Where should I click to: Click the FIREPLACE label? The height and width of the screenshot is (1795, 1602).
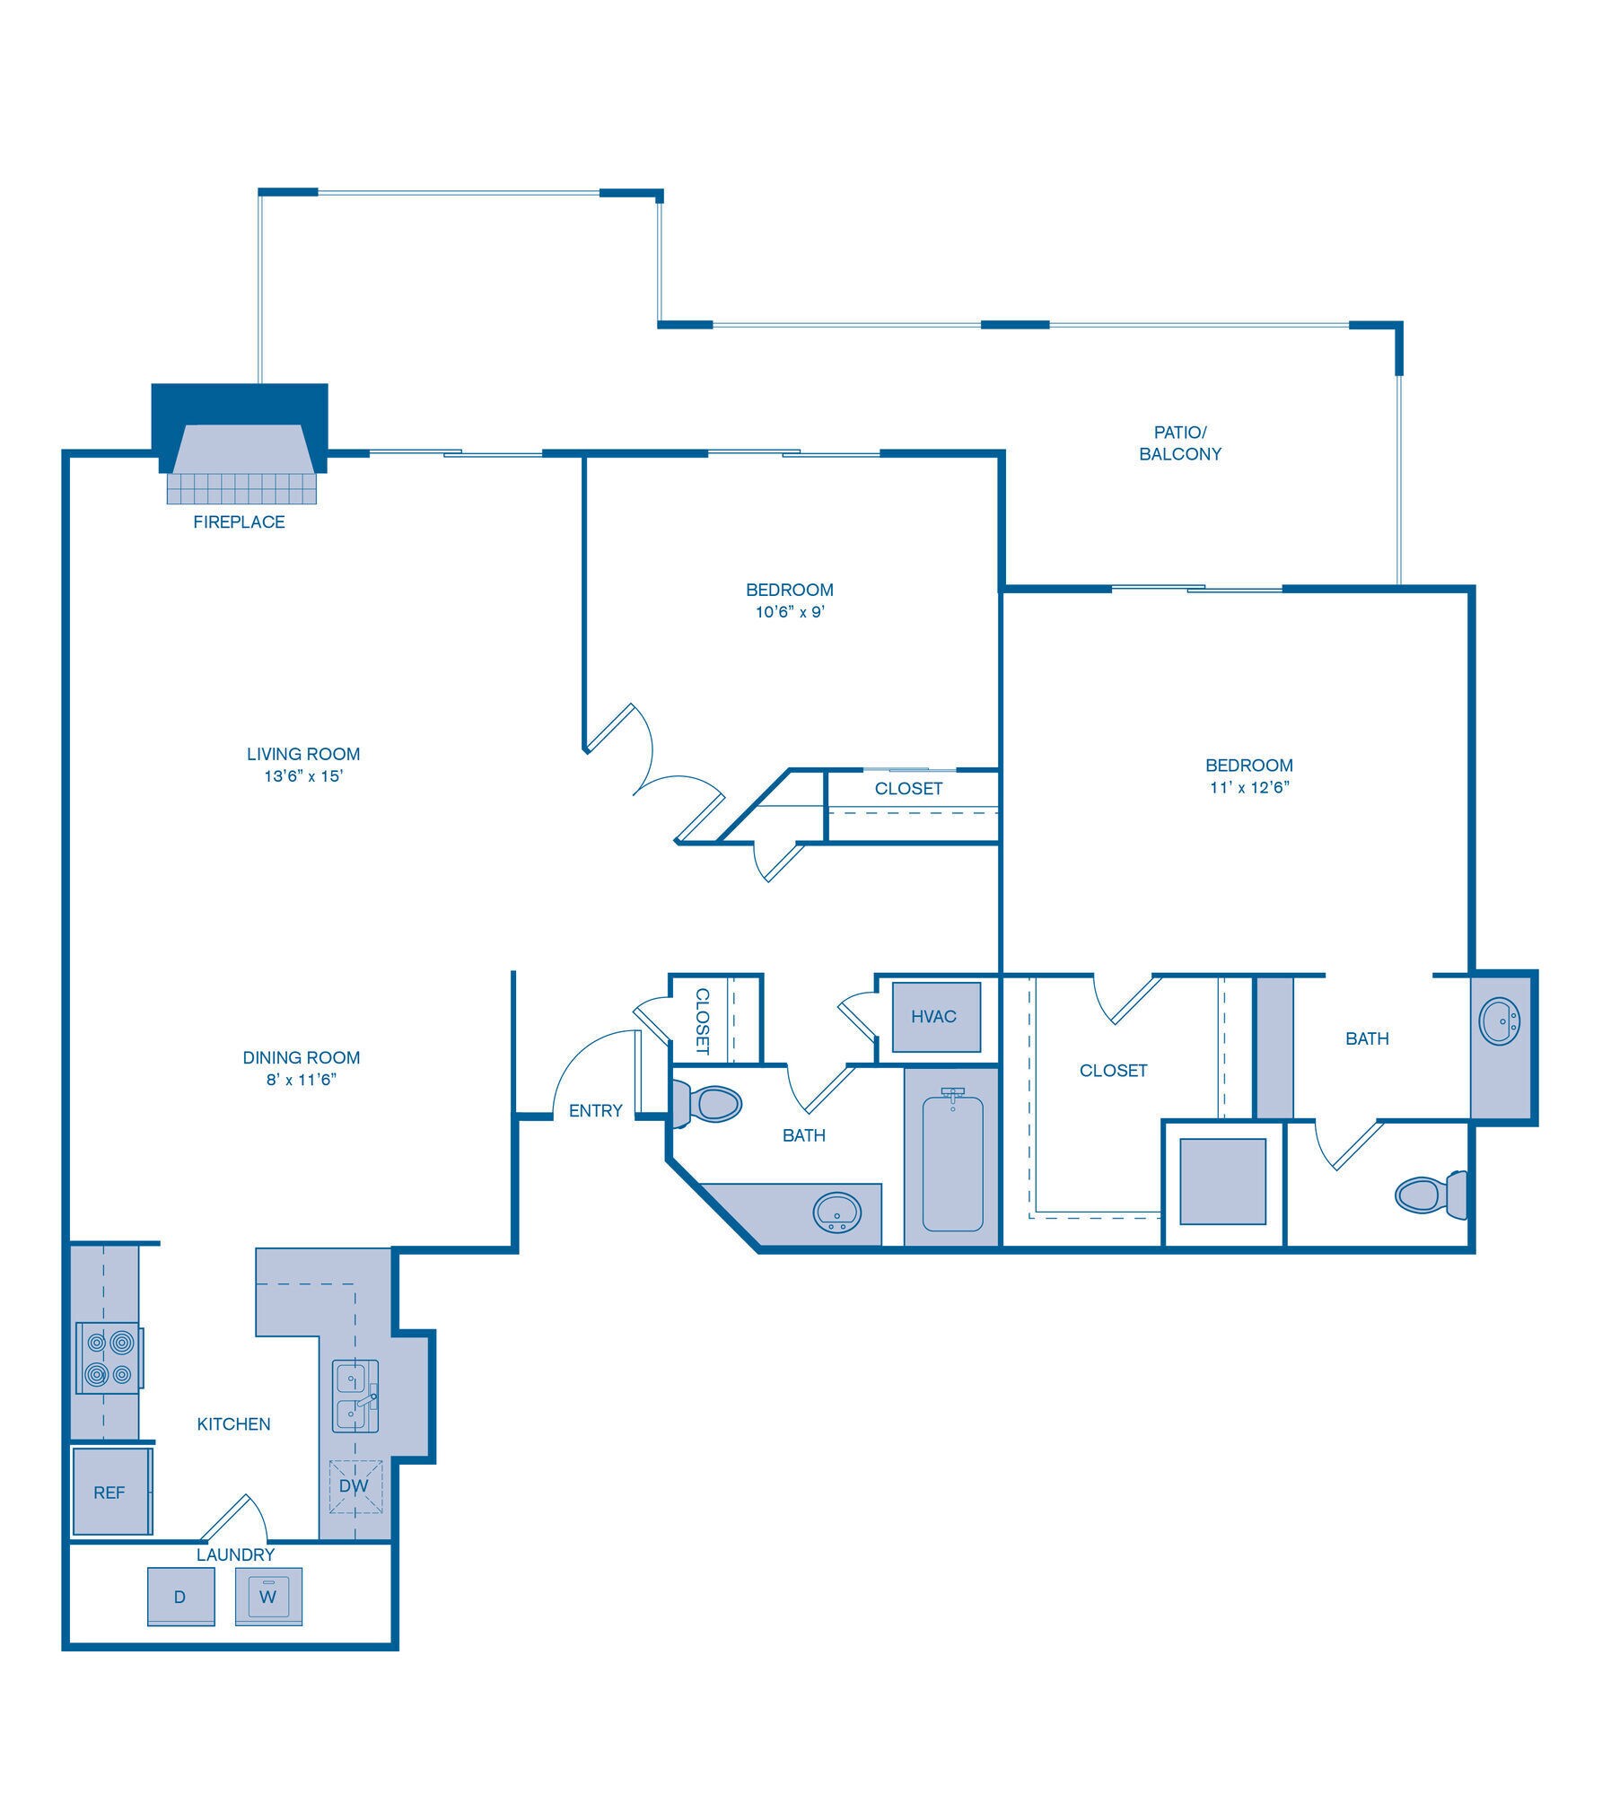239,521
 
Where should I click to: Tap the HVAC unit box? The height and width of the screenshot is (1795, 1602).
933,1016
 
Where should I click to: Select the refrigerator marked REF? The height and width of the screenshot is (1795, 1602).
110,1492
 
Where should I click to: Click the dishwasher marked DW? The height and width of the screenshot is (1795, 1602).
355,1485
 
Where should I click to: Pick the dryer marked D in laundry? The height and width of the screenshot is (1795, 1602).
180,1597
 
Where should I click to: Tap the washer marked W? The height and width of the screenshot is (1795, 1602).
268,1597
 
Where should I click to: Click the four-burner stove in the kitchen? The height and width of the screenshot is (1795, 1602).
109,1358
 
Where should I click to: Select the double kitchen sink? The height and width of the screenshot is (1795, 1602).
356,1397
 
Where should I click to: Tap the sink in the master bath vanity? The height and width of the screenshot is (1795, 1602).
1500,1020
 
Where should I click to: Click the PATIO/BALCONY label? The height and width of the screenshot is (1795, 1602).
1179,443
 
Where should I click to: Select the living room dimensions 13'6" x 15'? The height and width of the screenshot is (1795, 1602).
304,776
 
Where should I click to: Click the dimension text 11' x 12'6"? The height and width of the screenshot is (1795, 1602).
1248,788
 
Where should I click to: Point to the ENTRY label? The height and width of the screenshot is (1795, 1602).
595,1110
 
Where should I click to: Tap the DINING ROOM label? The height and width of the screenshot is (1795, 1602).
302,1057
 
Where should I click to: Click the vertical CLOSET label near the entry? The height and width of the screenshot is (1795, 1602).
703,1020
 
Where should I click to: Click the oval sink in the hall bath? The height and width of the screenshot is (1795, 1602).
836,1213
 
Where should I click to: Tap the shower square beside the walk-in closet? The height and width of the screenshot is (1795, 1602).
1222,1181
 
